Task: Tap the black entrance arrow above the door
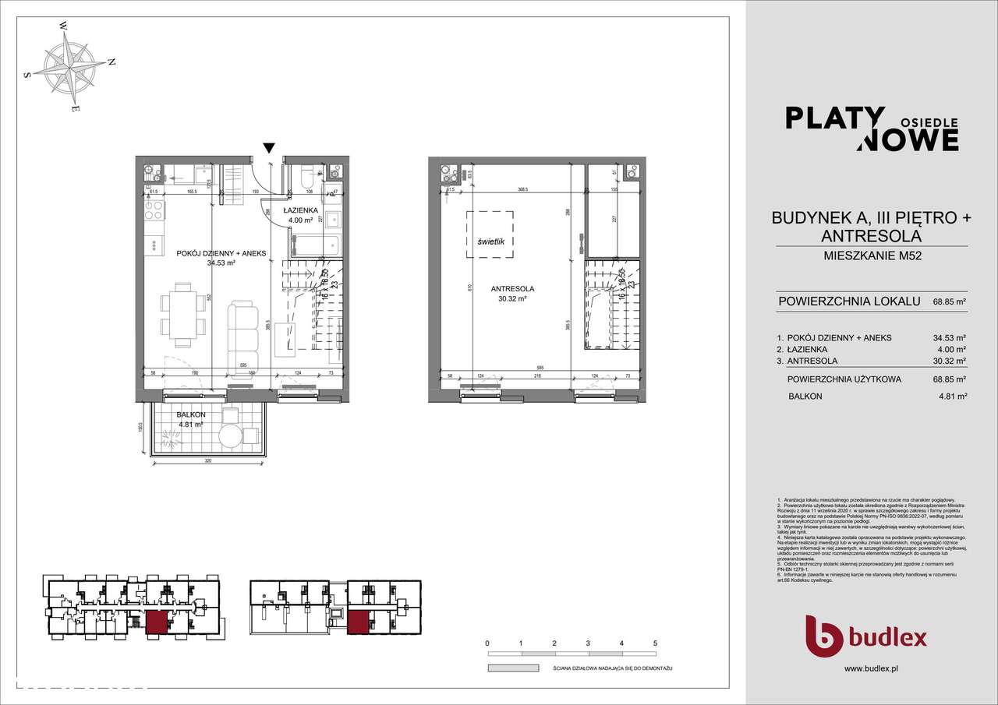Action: (269, 148)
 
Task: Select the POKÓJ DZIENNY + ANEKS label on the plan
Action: (211, 252)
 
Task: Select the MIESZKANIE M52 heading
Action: (871, 256)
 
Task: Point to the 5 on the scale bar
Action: (655, 643)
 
